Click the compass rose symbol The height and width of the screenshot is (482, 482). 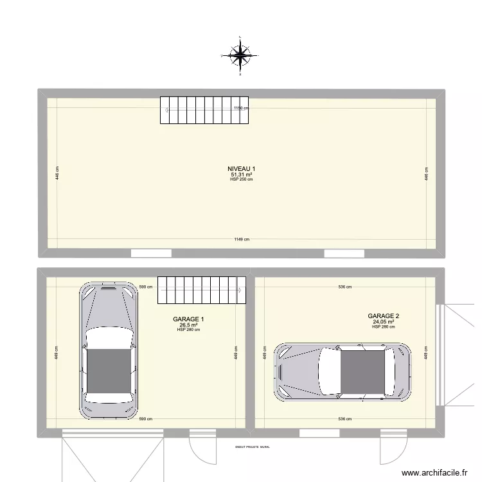point(240,57)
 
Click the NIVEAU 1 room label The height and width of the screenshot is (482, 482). point(242,169)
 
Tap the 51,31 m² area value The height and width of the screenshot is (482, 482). point(242,174)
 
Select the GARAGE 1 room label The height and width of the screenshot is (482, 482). point(189,319)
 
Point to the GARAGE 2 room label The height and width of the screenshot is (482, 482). point(384,316)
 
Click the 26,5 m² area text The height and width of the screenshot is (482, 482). point(189,325)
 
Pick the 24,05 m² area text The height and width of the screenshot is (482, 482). point(384,322)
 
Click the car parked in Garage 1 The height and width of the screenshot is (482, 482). point(109,350)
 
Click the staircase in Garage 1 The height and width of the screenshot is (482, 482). point(202,290)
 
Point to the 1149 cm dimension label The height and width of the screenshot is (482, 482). point(242,239)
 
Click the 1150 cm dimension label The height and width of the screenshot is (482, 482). point(240,109)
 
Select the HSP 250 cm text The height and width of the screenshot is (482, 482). point(242,179)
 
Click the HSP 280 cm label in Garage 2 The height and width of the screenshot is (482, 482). point(384,327)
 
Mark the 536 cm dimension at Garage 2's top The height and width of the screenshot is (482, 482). point(345,287)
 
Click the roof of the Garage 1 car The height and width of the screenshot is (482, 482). point(109,371)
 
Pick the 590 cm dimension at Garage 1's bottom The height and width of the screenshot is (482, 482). point(146,419)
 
